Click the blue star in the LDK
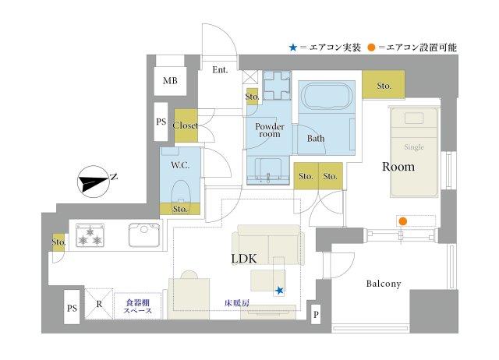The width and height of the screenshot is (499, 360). point(279,291)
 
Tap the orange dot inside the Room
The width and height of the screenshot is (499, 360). point(403,221)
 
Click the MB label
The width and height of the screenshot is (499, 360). point(170,81)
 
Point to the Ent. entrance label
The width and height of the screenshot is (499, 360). point(220,69)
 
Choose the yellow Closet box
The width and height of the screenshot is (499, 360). point(186,125)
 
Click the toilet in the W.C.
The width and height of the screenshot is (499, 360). point(181,191)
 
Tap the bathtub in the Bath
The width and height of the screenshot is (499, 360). point(327,97)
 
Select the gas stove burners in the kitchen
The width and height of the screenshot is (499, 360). point(90,235)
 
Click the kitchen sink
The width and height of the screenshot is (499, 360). point(144,235)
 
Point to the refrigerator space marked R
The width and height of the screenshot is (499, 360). point(99,304)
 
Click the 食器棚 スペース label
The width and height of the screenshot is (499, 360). point(138,306)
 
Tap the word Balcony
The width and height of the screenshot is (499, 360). point(384,284)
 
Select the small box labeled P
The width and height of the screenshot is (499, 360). point(316,314)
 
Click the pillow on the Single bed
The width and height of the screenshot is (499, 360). point(414,118)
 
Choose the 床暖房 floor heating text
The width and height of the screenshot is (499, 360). point(237,303)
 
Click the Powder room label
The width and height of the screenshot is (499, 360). point(270,130)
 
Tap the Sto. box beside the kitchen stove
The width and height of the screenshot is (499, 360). point(58,242)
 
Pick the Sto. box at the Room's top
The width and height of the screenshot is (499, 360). point(384,85)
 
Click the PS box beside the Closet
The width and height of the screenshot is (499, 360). point(161,122)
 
